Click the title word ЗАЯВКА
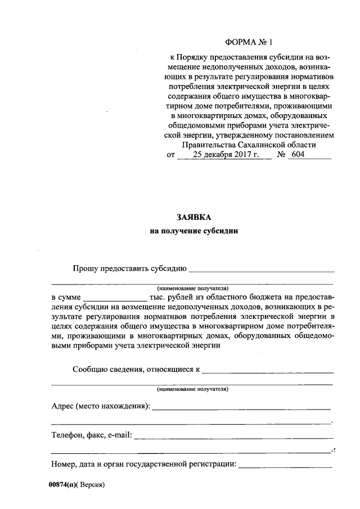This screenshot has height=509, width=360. [193, 217]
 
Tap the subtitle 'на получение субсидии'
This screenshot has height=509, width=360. [194, 231]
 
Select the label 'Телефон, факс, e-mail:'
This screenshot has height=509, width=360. [91, 434]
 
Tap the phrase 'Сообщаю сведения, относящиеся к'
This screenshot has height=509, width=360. [136, 370]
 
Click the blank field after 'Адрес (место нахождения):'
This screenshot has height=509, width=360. [241, 407]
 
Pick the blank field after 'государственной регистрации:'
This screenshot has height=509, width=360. [285, 466]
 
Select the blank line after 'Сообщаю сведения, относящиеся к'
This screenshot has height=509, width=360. [267, 371]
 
